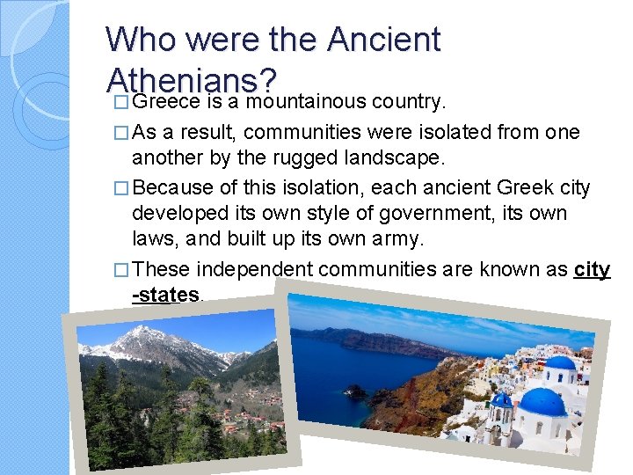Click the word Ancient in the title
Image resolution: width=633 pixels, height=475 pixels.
[x=383, y=40]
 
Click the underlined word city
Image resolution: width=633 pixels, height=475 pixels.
[x=592, y=269]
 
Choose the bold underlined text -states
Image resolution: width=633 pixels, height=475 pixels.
[x=165, y=295]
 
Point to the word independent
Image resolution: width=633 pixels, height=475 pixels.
[x=254, y=269]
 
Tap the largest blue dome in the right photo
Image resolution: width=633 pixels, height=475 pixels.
[x=542, y=402]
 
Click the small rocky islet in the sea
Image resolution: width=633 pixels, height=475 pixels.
[x=355, y=391]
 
